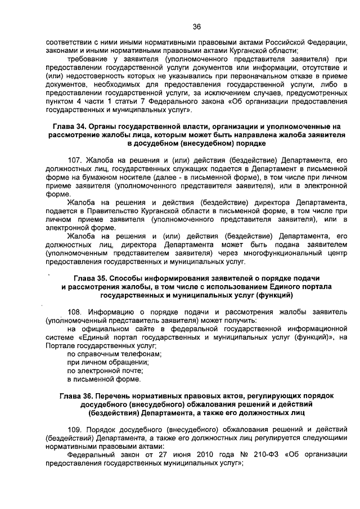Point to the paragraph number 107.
pyautogui.click(x=74, y=160)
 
